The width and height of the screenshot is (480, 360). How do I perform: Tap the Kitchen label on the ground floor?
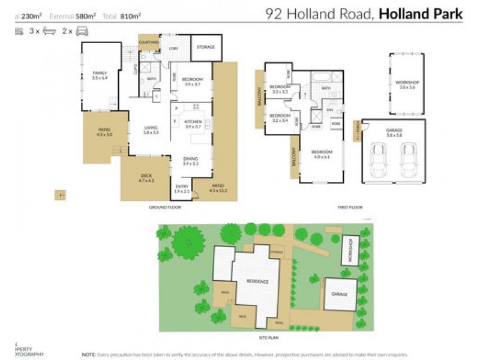[192, 123]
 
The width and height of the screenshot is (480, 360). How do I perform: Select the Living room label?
[151, 130]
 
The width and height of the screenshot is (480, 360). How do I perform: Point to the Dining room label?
[190, 160]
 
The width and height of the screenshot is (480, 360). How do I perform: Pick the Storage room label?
[206, 47]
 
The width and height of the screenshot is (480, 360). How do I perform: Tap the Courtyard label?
[148, 43]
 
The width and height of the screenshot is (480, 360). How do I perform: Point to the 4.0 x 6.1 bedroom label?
[322, 154]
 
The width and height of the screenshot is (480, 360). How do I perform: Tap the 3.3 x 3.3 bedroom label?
[280, 89]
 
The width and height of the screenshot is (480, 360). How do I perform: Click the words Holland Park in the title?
[420, 13]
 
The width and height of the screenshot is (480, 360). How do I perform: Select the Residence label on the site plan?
[259, 281]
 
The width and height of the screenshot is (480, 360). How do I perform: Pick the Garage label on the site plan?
[340, 294]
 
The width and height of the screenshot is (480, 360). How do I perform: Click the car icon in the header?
[82, 31]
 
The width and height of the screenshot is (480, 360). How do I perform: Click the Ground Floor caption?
[165, 208]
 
